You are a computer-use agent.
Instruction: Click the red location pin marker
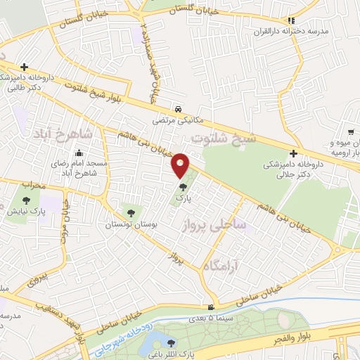tap(181, 165)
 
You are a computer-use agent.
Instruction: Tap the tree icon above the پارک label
tap(184, 188)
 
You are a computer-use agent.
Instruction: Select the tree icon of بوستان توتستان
tap(129, 212)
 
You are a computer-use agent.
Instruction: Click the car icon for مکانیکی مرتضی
tap(180, 109)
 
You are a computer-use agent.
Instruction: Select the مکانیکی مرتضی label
tap(180, 120)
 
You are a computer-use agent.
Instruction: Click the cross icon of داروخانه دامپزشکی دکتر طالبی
tap(24, 67)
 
